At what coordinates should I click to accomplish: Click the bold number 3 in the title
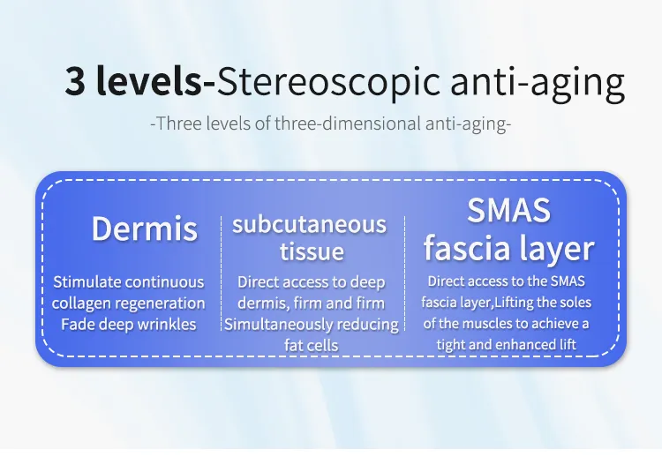tap(75, 81)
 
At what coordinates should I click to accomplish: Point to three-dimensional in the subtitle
tap(348, 124)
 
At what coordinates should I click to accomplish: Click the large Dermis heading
tap(145, 228)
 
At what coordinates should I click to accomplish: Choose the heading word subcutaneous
tap(310, 224)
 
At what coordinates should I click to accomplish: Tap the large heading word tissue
tap(312, 251)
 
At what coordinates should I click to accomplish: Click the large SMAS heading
tap(508, 210)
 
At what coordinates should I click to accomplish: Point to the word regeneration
tap(161, 303)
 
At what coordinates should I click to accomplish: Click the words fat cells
tap(312, 345)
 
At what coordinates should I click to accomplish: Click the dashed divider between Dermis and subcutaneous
tap(222, 273)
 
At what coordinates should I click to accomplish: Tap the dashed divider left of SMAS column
tap(404, 273)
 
